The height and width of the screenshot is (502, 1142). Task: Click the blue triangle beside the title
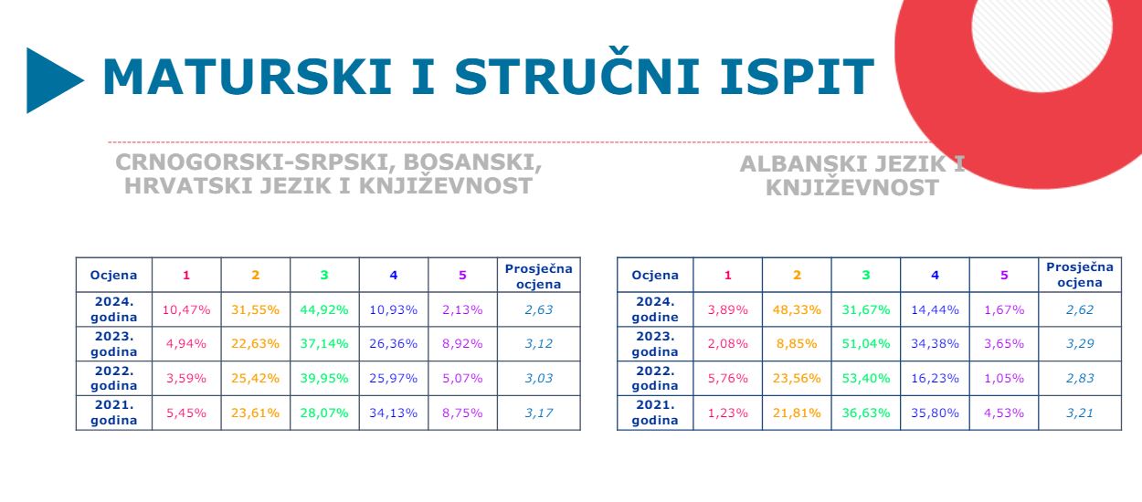point(51,80)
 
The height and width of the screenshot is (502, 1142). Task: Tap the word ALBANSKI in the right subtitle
point(798,164)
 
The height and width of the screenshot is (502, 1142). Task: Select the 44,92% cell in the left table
point(324,309)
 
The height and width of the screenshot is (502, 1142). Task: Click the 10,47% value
point(186,309)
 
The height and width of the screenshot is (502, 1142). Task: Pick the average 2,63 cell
point(539,309)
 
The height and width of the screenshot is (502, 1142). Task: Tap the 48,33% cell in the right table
point(797,309)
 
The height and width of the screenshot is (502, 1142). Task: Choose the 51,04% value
point(866,344)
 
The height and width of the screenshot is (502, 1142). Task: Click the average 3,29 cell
point(1080,344)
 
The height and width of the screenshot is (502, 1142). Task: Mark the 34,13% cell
point(393,413)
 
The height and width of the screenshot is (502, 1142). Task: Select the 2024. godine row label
point(655,309)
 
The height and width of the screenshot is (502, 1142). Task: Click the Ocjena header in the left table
point(113,276)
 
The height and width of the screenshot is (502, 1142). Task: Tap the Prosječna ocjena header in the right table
point(1080,275)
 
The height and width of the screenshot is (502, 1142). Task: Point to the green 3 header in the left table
point(324,276)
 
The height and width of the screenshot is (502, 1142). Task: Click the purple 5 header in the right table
point(1004,276)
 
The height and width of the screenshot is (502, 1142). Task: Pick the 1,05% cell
point(1004,378)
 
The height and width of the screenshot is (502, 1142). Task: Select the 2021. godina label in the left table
point(113,413)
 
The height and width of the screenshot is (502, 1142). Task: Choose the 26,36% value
point(393,344)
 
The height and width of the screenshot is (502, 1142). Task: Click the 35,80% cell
point(935,413)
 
